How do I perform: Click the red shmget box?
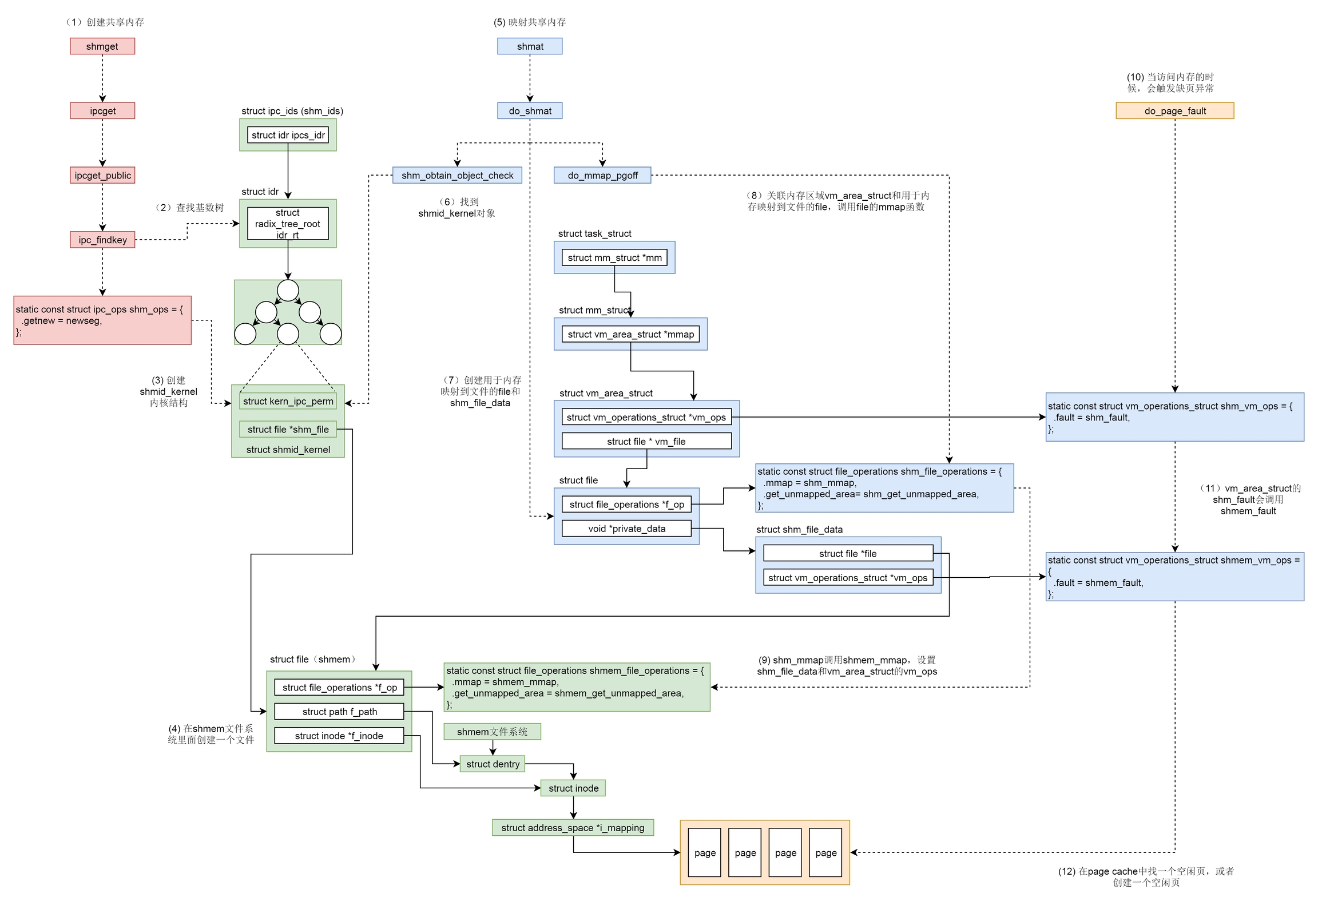pyautogui.click(x=102, y=46)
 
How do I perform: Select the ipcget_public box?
pyautogui.click(x=103, y=175)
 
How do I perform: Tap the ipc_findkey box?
pyautogui.click(x=103, y=240)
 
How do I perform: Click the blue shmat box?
pyautogui.click(x=530, y=46)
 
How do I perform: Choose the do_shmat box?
pyautogui.click(x=530, y=111)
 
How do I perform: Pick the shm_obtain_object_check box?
pyautogui.click(x=457, y=175)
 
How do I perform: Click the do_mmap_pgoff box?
pyautogui.click(x=602, y=175)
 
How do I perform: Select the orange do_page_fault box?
pyautogui.click(x=1174, y=111)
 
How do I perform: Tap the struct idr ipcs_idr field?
pyautogui.click(x=288, y=135)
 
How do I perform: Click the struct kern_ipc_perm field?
pyautogui.click(x=288, y=401)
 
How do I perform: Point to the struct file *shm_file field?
pyautogui.click(x=288, y=429)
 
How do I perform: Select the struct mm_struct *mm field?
pyautogui.click(x=614, y=257)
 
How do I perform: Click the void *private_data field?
pyautogui.click(x=626, y=529)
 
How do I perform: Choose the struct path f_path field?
pyautogui.click(x=339, y=712)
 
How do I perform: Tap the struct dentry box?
pyautogui.click(x=493, y=764)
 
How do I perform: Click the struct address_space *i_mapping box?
pyautogui.click(x=573, y=828)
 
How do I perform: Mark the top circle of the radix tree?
pyautogui.click(x=288, y=291)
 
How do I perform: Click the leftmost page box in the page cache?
pyautogui.click(x=705, y=852)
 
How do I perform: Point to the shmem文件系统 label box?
pyautogui.click(x=492, y=732)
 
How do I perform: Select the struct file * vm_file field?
pyautogui.click(x=646, y=441)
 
